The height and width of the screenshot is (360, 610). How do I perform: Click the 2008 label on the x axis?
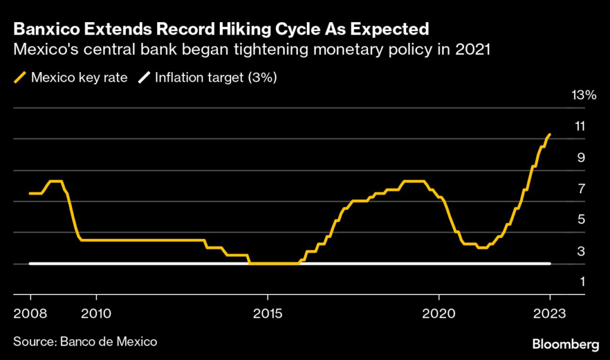30,313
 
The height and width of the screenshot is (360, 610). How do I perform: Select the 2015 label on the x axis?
267,313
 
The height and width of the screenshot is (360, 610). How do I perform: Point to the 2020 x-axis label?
438,313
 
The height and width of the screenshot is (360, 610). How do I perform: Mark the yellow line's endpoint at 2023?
550,135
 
